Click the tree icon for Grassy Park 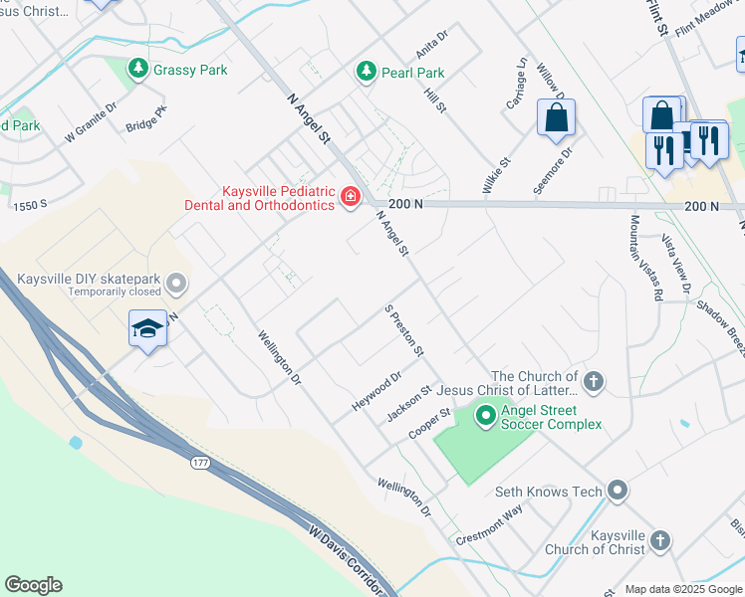coord(138,70)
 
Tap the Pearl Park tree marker coord(366,73)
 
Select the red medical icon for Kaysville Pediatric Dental coord(350,197)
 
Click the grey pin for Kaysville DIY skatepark coord(175,285)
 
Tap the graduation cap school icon coord(147,328)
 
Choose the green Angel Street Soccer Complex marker coord(486,416)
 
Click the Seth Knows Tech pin coord(618,491)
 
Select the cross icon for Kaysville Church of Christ coord(659,541)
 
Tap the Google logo coord(33,585)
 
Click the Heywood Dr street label coord(375,392)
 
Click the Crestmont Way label coord(489,524)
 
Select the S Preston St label coord(404,331)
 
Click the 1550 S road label coord(32,204)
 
